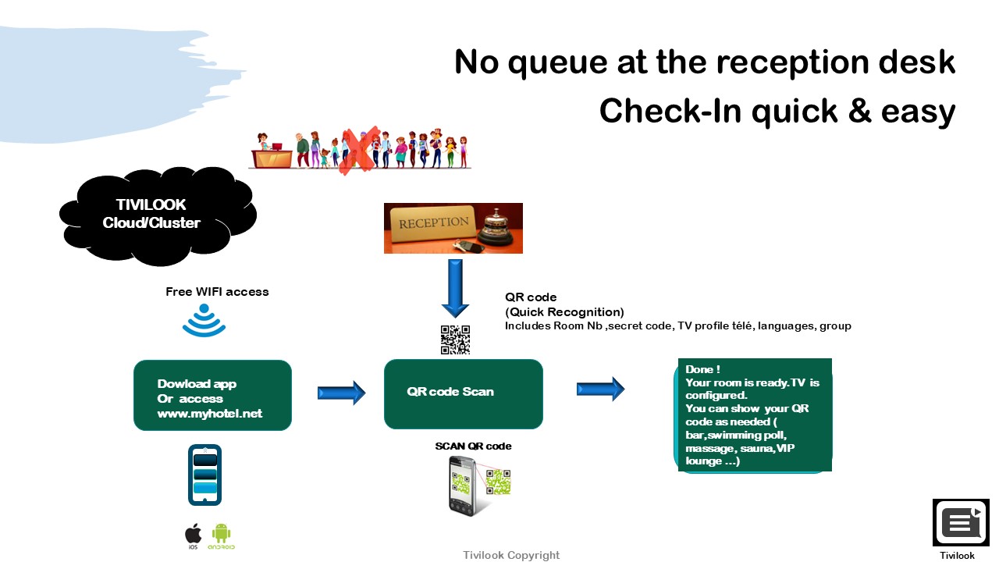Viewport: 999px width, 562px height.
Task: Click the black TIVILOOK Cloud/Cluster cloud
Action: point(158,216)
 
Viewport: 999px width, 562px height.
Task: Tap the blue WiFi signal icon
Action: point(204,320)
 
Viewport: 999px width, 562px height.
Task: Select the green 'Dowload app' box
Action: point(213,395)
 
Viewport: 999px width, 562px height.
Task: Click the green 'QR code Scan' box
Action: point(464,394)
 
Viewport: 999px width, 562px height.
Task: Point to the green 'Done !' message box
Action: point(753,414)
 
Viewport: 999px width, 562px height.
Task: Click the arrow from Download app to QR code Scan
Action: point(342,393)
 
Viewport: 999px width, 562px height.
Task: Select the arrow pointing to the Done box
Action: point(601,389)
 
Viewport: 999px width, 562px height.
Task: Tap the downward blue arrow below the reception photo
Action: point(455,289)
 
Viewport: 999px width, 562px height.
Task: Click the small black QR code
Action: point(455,340)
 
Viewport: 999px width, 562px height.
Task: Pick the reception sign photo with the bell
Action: point(453,229)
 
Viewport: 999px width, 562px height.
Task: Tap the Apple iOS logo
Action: point(193,536)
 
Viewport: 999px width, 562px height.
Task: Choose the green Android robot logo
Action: point(221,536)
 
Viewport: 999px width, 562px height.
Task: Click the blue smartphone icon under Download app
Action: point(204,475)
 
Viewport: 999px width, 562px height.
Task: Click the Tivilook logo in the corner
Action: point(961,522)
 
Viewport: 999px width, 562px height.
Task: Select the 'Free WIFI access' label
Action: point(217,292)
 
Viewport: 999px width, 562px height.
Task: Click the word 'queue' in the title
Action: point(557,63)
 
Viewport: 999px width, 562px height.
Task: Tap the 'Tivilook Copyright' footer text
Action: point(511,555)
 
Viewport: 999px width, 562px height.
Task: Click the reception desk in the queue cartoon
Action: point(272,158)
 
